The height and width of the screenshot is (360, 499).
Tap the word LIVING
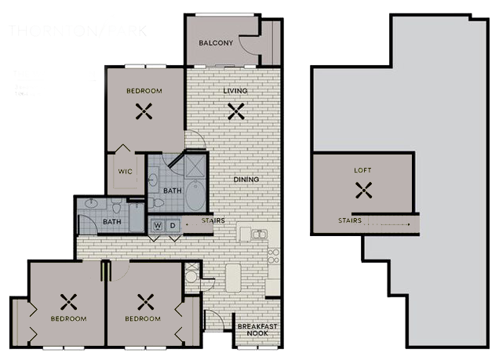[235, 91]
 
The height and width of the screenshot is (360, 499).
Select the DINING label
[246, 180]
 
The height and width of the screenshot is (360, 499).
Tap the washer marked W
[158, 226]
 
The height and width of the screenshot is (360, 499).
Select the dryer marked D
[173, 226]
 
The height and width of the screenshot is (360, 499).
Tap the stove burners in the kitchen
[273, 256]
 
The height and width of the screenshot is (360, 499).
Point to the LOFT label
[362, 169]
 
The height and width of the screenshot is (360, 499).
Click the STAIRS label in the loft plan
[350, 221]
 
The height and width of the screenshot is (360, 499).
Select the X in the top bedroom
[144, 111]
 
